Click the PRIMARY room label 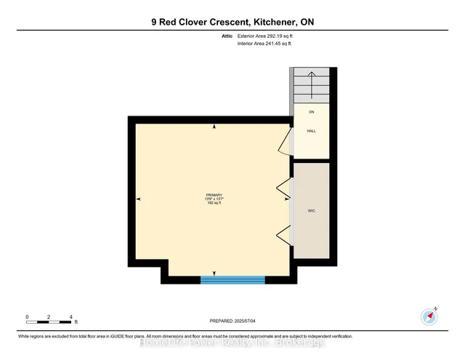coord(214,195)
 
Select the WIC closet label coord(311,211)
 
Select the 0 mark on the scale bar coord(27,318)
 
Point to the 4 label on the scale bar coord(71,318)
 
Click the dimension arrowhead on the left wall coord(138,199)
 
